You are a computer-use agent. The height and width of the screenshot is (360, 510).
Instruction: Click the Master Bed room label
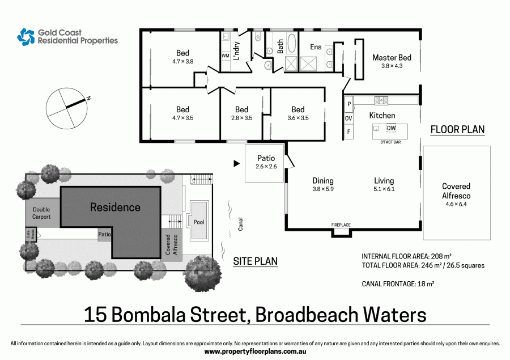pos(392,58)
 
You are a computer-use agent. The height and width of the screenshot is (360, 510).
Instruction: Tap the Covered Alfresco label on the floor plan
pos(456,190)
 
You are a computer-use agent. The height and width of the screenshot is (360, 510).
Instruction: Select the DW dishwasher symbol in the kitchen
pos(391,128)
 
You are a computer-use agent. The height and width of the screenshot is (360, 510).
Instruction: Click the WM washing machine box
pos(225,56)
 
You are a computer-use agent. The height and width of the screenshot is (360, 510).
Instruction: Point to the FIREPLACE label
pos(341,225)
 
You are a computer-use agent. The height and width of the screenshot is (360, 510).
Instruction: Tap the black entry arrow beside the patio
pos(236,164)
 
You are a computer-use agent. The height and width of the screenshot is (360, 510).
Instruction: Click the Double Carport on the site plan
pos(41,213)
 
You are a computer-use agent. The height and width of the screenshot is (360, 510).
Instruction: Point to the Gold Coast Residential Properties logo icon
pos(26,37)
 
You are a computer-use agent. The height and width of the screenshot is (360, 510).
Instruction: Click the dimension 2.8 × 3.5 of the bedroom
pos(241,118)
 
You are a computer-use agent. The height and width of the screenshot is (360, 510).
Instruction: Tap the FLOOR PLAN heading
pos(457,129)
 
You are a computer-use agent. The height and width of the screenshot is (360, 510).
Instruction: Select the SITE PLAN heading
pos(256,261)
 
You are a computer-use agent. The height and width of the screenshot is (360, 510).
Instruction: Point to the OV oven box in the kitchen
pos(348,118)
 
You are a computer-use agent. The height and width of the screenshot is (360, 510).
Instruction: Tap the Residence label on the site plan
pos(115,207)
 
